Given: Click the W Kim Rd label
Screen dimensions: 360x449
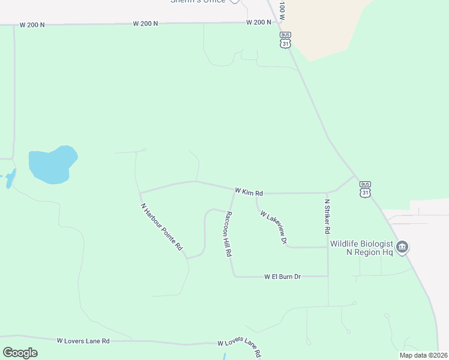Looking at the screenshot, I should pos(249,192).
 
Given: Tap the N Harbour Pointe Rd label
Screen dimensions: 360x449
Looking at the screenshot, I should pos(161,227).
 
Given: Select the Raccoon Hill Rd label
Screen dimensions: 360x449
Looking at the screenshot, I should pos(228,234).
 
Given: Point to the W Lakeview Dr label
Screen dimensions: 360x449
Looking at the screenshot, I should pos(274,227).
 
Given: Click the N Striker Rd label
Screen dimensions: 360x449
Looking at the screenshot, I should pos(327,217).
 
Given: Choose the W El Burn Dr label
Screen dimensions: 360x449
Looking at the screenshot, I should pos(282,277).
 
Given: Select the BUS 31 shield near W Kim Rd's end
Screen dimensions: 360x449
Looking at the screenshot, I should pos(365,188).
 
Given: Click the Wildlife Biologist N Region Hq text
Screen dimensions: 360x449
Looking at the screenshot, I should pos(361,248).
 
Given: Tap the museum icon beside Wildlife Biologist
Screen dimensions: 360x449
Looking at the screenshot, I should pos(402,247).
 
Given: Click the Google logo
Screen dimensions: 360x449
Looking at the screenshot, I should pos(20,352).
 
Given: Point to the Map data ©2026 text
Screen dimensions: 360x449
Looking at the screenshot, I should pos(423,355).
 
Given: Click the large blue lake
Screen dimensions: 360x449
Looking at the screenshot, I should pos(52,164).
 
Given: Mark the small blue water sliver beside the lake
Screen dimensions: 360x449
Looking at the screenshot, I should pos(10,179).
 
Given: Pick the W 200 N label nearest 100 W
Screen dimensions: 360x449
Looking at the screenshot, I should pos(259,22).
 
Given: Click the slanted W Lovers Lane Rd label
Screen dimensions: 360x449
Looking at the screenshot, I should pos(239,346).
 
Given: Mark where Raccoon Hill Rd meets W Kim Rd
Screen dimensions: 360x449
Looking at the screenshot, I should pos(234,192).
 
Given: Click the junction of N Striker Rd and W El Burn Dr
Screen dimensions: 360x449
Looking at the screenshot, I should pos(328,277).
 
